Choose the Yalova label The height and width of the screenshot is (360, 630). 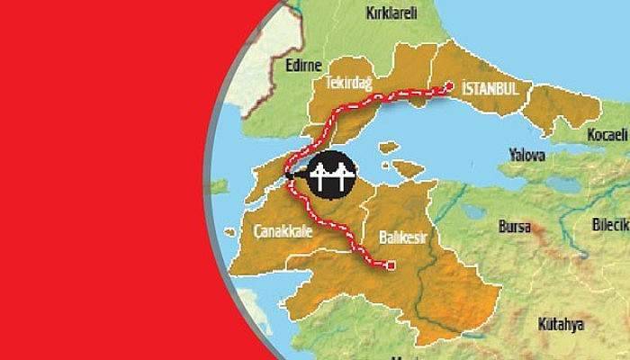526,155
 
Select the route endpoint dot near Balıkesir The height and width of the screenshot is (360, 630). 391,265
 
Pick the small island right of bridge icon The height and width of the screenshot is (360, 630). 389,146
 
